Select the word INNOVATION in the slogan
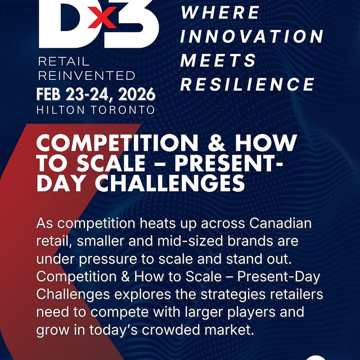[252, 36]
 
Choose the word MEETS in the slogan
[218, 60]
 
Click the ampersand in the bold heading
[219, 143]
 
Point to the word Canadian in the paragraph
[279, 223]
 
